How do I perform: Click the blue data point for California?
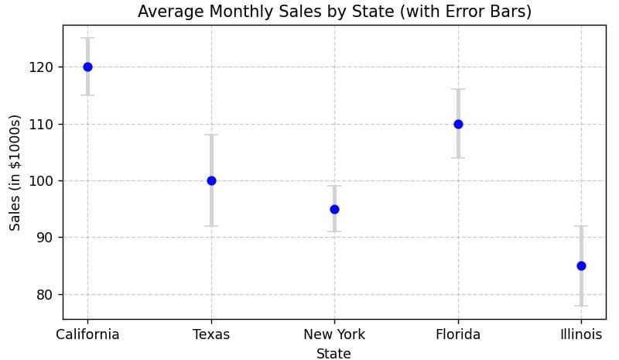point(87,67)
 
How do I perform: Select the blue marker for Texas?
point(211,180)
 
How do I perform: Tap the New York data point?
point(334,209)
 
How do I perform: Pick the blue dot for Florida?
point(458,124)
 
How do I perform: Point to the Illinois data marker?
point(581,266)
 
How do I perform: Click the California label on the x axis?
point(87,334)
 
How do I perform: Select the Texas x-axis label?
point(211,334)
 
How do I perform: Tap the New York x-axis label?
point(334,334)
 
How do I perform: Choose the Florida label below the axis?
point(458,334)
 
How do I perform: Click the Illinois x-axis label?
point(581,334)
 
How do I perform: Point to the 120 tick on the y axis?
point(43,67)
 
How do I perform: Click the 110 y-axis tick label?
point(43,124)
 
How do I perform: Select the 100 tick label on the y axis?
point(43,180)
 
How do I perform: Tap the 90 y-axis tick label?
point(47,238)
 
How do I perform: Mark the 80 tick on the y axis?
point(47,294)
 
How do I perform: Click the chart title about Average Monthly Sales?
point(334,12)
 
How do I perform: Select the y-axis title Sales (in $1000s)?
point(15,172)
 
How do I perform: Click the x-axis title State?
point(333,354)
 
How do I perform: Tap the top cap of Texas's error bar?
point(211,135)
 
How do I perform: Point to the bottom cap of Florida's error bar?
point(458,158)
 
